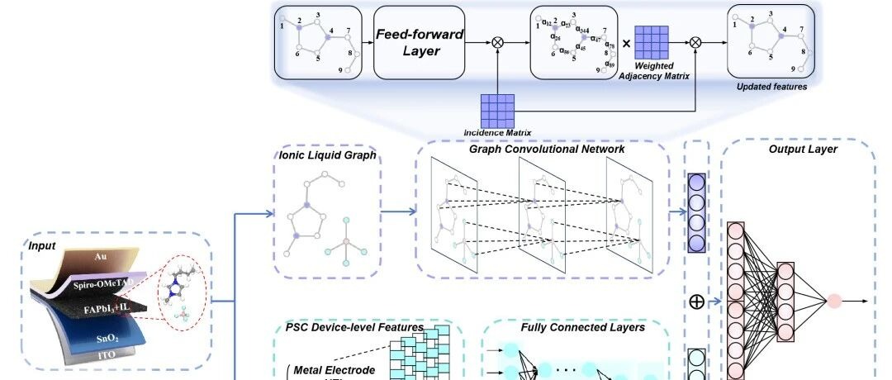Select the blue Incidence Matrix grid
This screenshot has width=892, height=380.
(497, 109)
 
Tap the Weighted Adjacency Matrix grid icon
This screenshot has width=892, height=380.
(652, 42)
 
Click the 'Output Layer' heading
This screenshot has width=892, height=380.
(803, 150)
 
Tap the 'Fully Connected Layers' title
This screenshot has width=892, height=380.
(571, 328)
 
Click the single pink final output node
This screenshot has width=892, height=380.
(833, 301)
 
